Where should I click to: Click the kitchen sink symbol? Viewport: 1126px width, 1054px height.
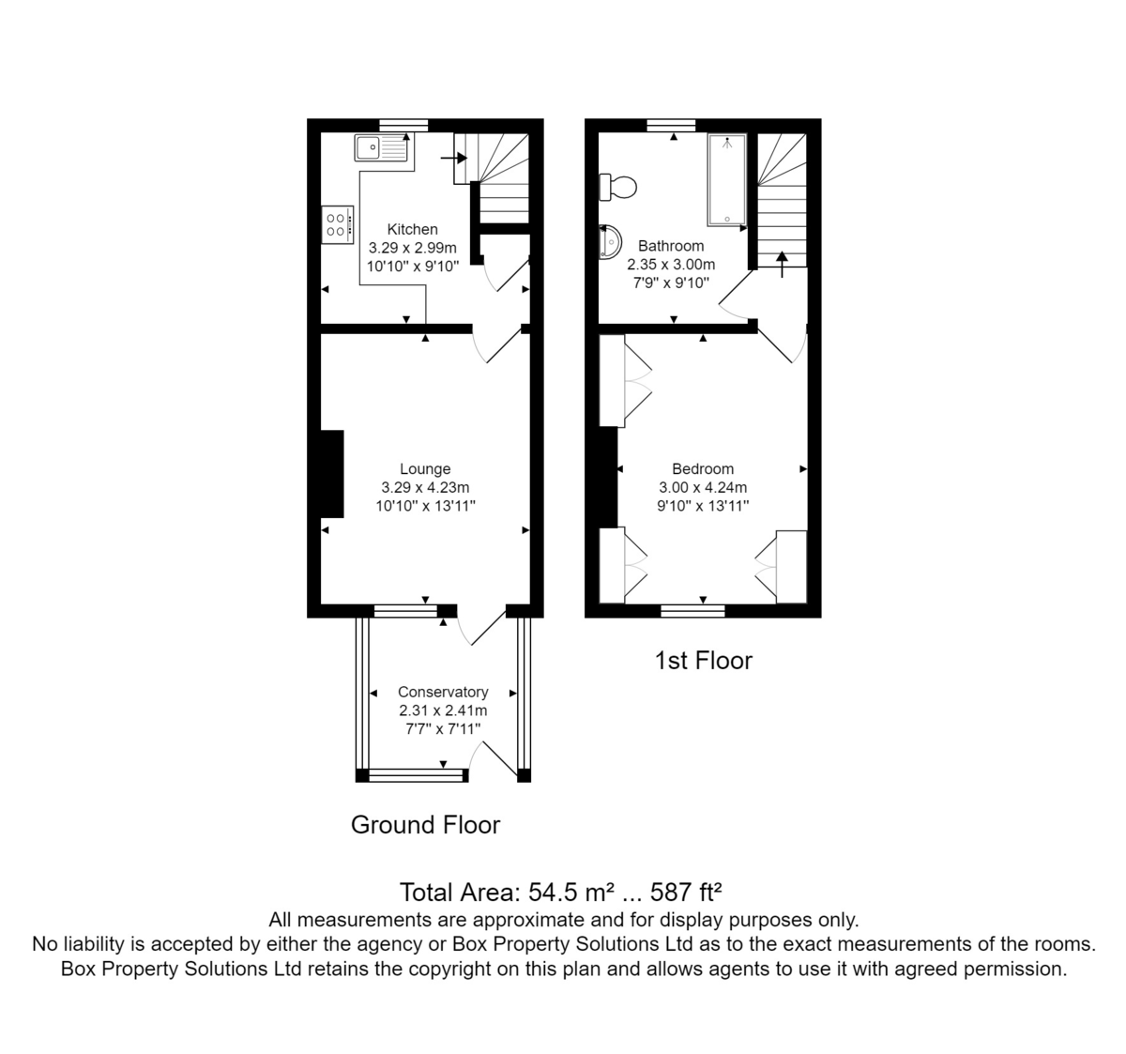(382, 148)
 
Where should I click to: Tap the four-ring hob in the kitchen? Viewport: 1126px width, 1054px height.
(338, 225)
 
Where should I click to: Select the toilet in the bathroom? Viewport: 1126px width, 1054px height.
(618, 187)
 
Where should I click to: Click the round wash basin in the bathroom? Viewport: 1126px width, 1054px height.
(610, 241)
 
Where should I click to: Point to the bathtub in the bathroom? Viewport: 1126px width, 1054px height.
(727, 179)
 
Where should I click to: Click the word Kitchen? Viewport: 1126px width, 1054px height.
(412, 229)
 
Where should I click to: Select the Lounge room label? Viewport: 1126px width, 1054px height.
(425, 469)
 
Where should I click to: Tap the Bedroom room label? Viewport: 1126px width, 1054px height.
(703, 469)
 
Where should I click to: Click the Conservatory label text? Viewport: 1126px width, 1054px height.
(443, 692)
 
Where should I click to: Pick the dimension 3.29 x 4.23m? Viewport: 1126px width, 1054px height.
(425, 488)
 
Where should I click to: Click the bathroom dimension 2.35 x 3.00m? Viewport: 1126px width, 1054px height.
(671, 265)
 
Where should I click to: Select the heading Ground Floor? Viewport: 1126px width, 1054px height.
(425, 825)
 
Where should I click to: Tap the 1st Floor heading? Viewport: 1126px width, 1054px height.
(703, 661)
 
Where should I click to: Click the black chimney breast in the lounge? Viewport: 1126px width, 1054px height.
(332, 473)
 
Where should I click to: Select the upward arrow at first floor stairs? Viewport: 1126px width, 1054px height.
(782, 263)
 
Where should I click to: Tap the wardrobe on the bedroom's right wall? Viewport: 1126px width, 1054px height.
(791, 567)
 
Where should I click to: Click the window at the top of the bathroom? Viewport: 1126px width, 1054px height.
(672, 125)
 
